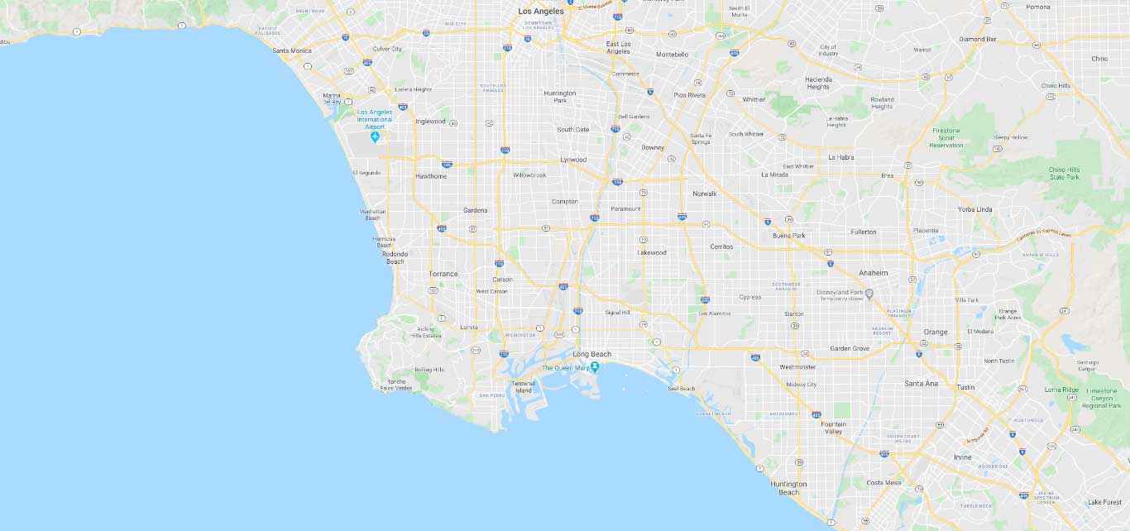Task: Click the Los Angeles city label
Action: (x=540, y=12)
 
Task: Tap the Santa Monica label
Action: (x=292, y=50)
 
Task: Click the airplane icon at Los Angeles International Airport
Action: (x=375, y=136)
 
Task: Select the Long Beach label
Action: (x=591, y=354)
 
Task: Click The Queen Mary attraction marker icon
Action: (x=594, y=366)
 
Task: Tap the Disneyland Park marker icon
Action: (x=869, y=293)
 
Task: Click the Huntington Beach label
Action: (x=788, y=488)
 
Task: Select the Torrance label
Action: (x=443, y=274)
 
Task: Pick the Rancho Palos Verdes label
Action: (x=395, y=385)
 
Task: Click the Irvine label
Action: (x=962, y=457)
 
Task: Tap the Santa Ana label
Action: (x=921, y=383)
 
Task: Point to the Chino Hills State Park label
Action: (x=1065, y=173)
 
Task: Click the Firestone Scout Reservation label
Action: (x=947, y=137)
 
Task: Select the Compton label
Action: (x=565, y=201)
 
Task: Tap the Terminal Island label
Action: (x=524, y=387)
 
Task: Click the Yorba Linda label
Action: (x=974, y=209)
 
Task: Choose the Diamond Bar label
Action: (x=978, y=39)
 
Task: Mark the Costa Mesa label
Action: (x=883, y=482)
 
